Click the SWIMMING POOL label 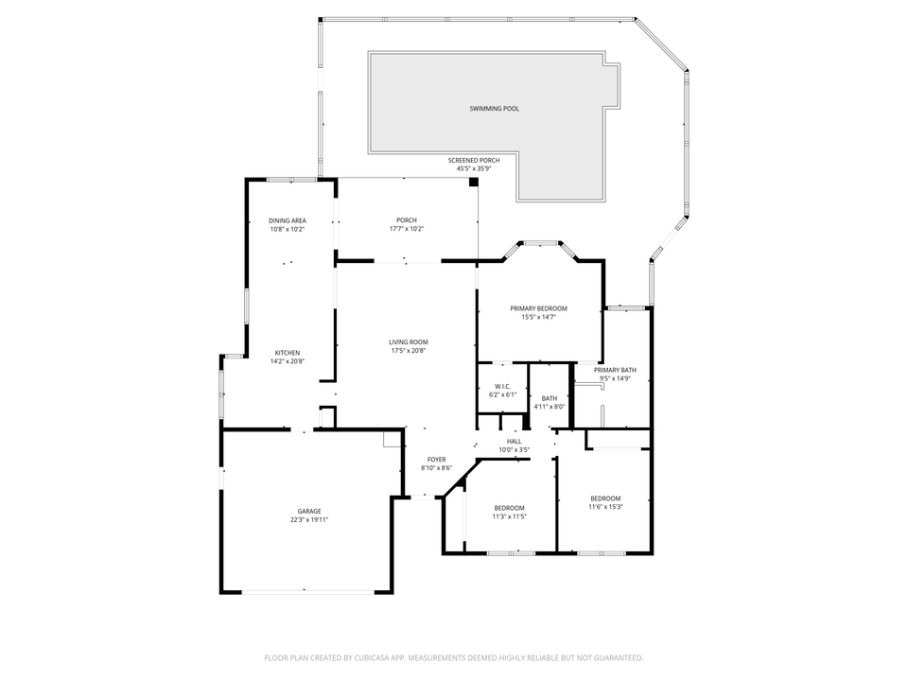pyautogui.click(x=494, y=109)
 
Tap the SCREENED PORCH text pyautogui.click(x=474, y=161)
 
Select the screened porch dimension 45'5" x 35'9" pyautogui.click(x=474, y=169)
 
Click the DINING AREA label pyautogui.click(x=288, y=220)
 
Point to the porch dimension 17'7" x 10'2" pyautogui.click(x=407, y=229)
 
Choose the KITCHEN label pyautogui.click(x=288, y=353)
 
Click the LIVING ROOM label pyautogui.click(x=409, y=342)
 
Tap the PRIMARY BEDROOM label pyautogui.click(x=538, y=308)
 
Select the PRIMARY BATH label pyautogui.click(x=615, y=370)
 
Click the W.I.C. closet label pyautogui.click(x=502, y=386)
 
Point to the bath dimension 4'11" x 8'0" pyautogui.click(x=550, y=407)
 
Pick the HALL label pyautogui.click(x=515, y=442)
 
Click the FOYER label pyautogui.click(x=436, y=460)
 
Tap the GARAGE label pyautogui.click(x=309, y=511)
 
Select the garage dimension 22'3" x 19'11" pyautogui.click(x=309, y=519)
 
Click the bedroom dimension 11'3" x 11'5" pyautogui.click(x=509, y=516)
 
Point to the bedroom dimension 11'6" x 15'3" pyautogui.click(x=605, y=507)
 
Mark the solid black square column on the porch pyautogui.click(x=474, y=183)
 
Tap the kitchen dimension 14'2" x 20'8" pyautogui.click(x=288, y=361)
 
